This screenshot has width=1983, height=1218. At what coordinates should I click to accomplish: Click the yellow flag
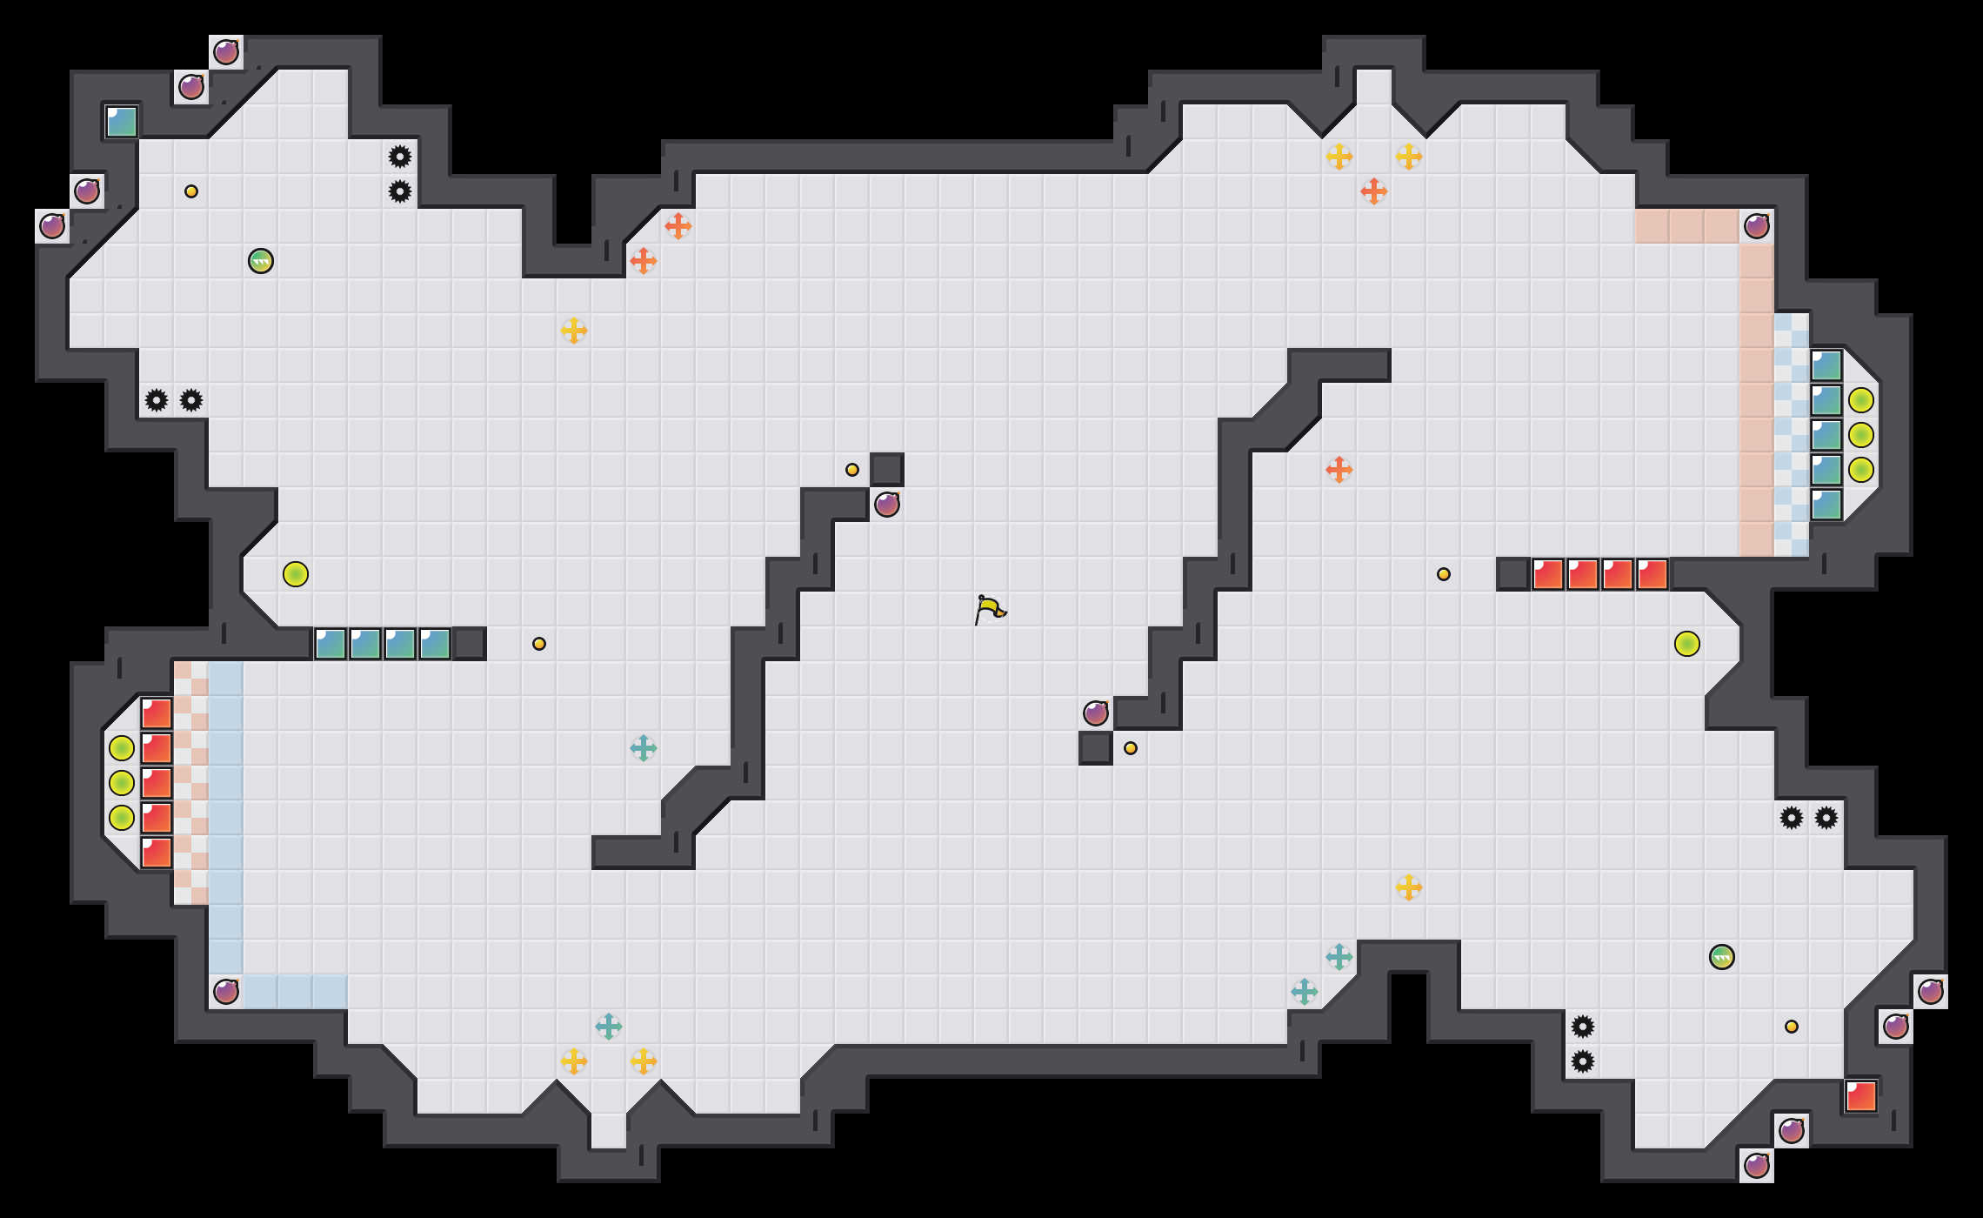click(990, 608)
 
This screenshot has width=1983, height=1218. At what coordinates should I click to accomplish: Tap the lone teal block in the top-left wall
click(122, 122)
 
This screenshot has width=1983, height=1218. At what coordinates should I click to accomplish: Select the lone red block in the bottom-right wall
click(1861, 1096)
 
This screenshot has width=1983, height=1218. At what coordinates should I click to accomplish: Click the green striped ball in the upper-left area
click(261, 261)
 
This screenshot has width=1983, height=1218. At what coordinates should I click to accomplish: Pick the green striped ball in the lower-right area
click(1722, 957)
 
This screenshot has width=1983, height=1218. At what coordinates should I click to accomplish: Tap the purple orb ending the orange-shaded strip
click(1757, 226)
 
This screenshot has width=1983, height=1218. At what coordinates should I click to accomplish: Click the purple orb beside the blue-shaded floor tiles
click(226, 992)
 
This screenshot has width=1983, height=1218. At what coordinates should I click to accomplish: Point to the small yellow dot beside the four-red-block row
click(1444, 574)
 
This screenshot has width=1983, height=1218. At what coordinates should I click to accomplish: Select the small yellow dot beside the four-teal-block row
click(539, 644)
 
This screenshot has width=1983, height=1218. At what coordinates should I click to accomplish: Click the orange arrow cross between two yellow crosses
click(1374, 191)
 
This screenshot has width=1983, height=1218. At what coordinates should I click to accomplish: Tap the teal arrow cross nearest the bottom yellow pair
click(609, 1027)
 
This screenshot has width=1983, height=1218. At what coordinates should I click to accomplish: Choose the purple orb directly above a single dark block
click(1096, 713)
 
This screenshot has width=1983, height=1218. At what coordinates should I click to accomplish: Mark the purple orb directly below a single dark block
click(887, 505)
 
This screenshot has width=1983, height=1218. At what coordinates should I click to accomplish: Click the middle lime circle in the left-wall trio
click(122, 783)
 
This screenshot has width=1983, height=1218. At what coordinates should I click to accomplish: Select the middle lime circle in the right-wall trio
click(1861, 435)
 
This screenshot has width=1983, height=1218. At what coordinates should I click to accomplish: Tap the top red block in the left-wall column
click(157, 713)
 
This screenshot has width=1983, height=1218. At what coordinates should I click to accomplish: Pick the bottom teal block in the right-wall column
click(1826, 505)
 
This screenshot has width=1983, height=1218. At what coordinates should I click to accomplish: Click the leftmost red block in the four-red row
click(1548, 574)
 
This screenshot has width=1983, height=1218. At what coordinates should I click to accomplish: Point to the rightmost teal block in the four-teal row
click(435, 644)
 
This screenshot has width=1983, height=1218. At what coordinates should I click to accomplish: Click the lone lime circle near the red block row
click(1687, 644)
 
